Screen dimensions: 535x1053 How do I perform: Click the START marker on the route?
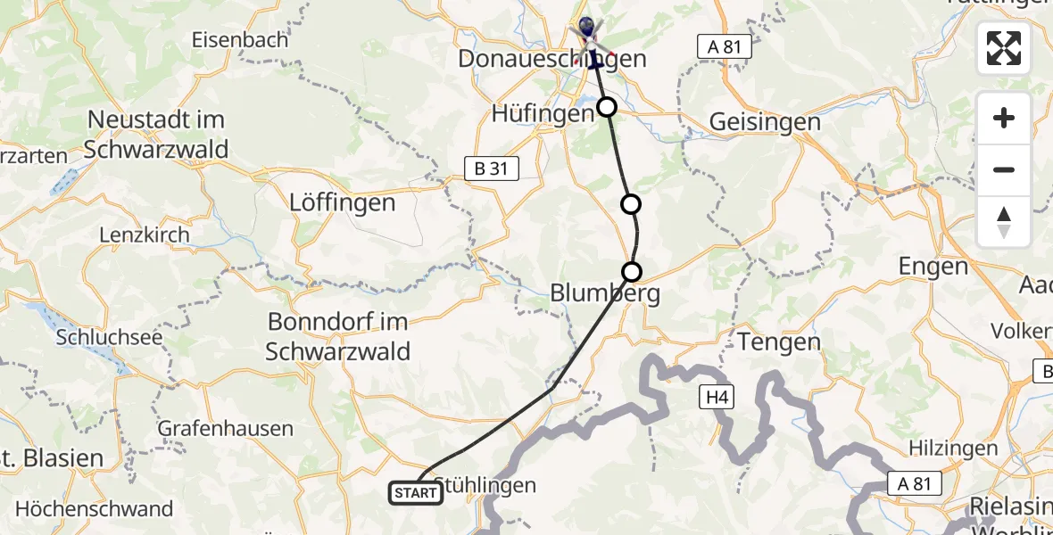pos(416,492)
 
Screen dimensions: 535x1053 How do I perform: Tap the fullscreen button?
pos(1004,48)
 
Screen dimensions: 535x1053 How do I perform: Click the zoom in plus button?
pos(1004,118)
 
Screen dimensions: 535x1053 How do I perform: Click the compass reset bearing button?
pos(1004,222)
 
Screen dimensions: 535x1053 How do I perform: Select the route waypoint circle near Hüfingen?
pos(607,108)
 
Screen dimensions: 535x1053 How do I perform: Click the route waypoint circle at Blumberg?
pos(632,272)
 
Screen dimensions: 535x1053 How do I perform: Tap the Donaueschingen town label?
pos(552,60)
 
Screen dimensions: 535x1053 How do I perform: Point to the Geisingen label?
pos(765,122)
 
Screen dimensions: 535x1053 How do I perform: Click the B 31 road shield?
pos(492,169)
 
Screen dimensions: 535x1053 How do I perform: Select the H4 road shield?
pos(716,397)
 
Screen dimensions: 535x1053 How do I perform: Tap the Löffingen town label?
pos(343,202)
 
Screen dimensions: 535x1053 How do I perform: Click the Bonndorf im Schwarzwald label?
pos(337,336)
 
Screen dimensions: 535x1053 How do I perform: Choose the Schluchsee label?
pos(96,338)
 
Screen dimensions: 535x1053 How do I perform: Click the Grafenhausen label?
pos(225,428)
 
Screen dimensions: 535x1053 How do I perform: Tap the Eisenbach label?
pos(241,40)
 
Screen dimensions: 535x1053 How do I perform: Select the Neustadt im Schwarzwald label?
pos(156,134)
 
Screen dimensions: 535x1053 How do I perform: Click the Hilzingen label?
pos(952,448)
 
